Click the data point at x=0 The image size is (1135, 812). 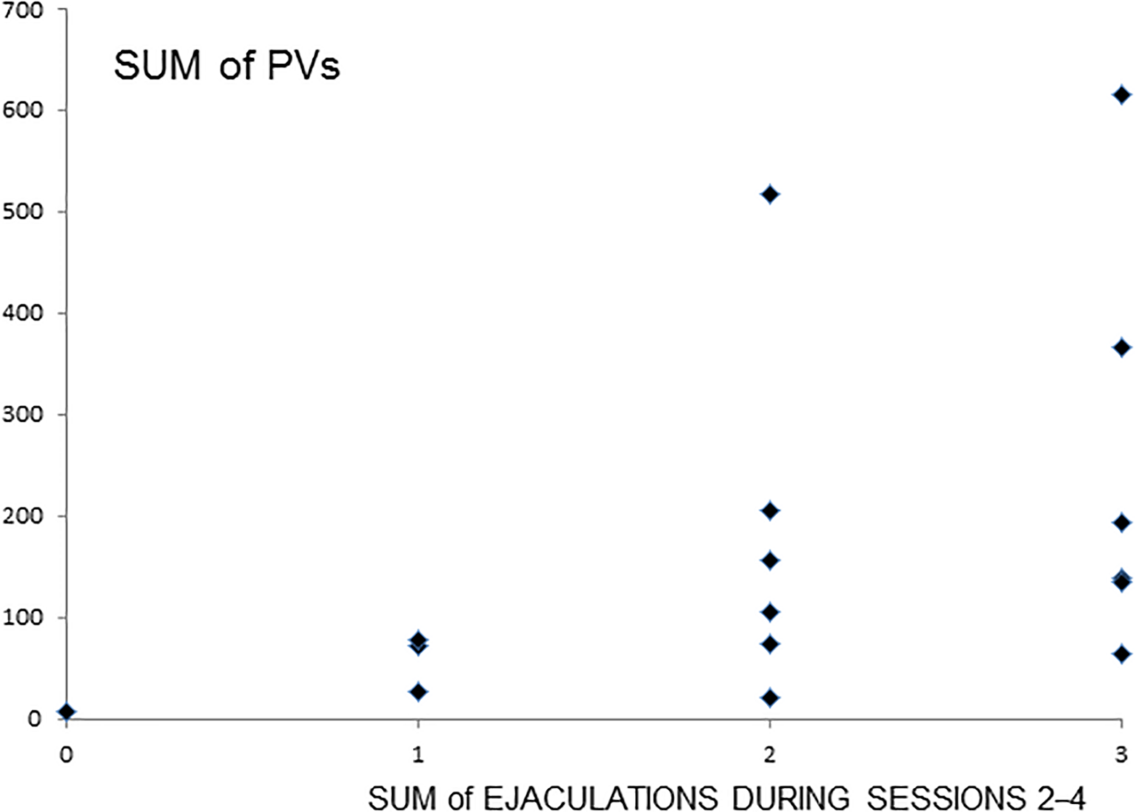(66, 712)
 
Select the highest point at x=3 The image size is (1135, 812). (1121, 95)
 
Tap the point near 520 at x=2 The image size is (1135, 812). (770, 194)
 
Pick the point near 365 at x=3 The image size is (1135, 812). (1121, 348)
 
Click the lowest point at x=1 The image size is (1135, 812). (418, 692)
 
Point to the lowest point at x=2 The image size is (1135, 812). (770, 697)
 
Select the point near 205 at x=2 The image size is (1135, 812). (770, 510)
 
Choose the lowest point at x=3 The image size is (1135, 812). (1121, 654)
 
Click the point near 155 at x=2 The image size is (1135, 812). (770, 561)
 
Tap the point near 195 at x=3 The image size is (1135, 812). (1121, 523)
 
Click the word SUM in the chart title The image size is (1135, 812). (157, 66)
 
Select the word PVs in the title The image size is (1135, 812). (304, 66)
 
